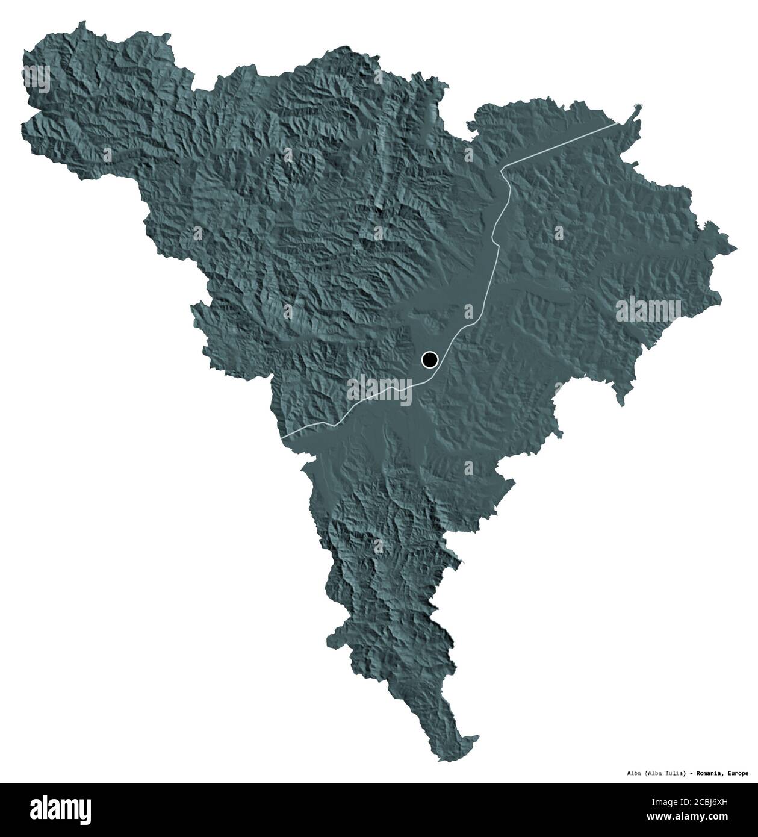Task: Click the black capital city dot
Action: pyautogui.click(x=429, y=360)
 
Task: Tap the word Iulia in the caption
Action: pyautogui.click(x=674, y=773)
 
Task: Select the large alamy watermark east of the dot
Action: pyautogui.click(x=648, y=311)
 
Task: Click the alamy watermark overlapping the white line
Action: pyautogui.click(x=379, y=388)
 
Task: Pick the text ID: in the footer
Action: pyautogui.click(x=679, y=803)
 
